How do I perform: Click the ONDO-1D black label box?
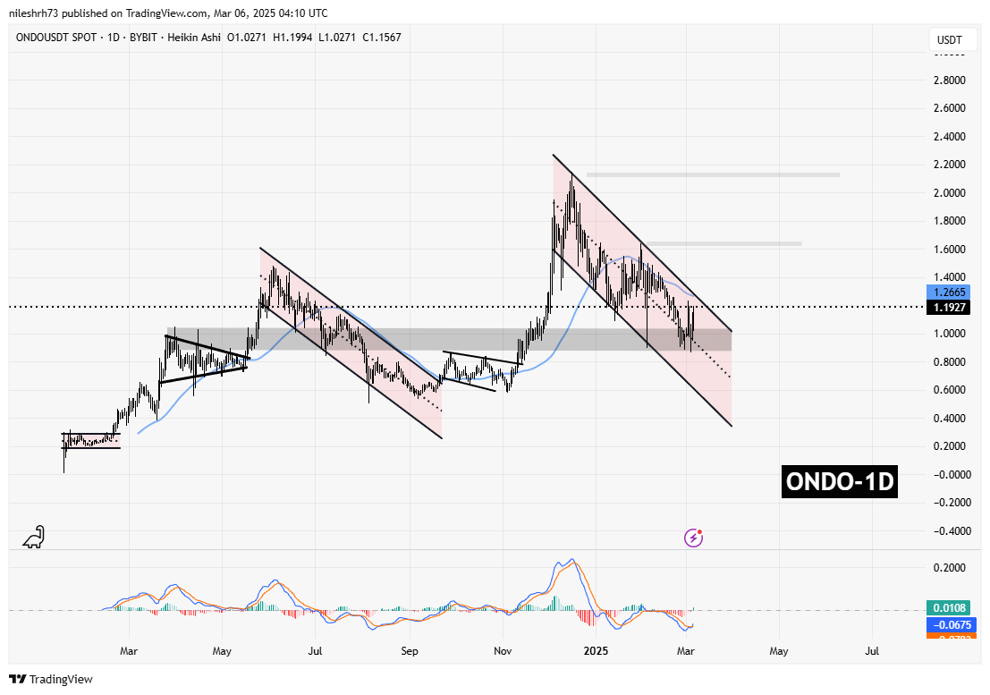click(x=839, y=482)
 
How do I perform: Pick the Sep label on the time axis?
click(x=409, y=653)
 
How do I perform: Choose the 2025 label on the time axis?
click(x=595, y=653)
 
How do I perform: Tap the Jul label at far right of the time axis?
click(x=872, y=653)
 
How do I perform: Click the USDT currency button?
click(x=949, y=39)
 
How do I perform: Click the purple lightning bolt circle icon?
click(x=693, y=538)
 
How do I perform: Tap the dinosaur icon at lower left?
click(x=33, y=537)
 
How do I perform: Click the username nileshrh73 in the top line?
click(x=41, y=13)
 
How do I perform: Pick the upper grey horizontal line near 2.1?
click(x=713, y=174)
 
